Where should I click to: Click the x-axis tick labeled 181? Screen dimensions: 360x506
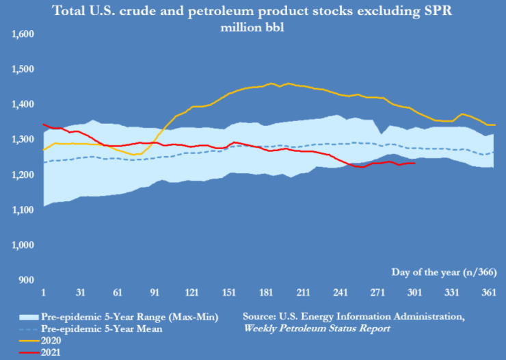click(266, 292)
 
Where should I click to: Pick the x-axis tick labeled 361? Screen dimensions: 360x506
click(489, 292)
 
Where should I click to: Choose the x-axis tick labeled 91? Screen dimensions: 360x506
click(155, 292)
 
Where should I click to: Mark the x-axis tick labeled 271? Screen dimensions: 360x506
click(377, 292)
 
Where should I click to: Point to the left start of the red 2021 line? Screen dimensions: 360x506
click(44, 124)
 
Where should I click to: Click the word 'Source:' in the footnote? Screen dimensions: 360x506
click(261, 317)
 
